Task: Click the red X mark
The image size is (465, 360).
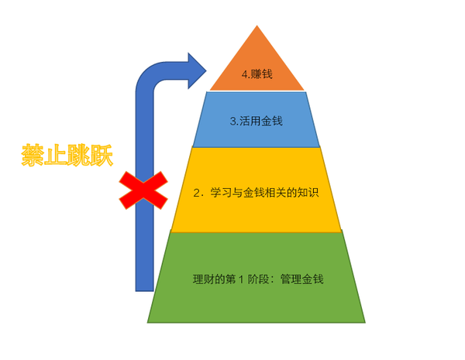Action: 143,190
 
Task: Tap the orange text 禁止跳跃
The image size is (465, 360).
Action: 67,156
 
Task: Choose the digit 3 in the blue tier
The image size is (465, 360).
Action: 232,122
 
